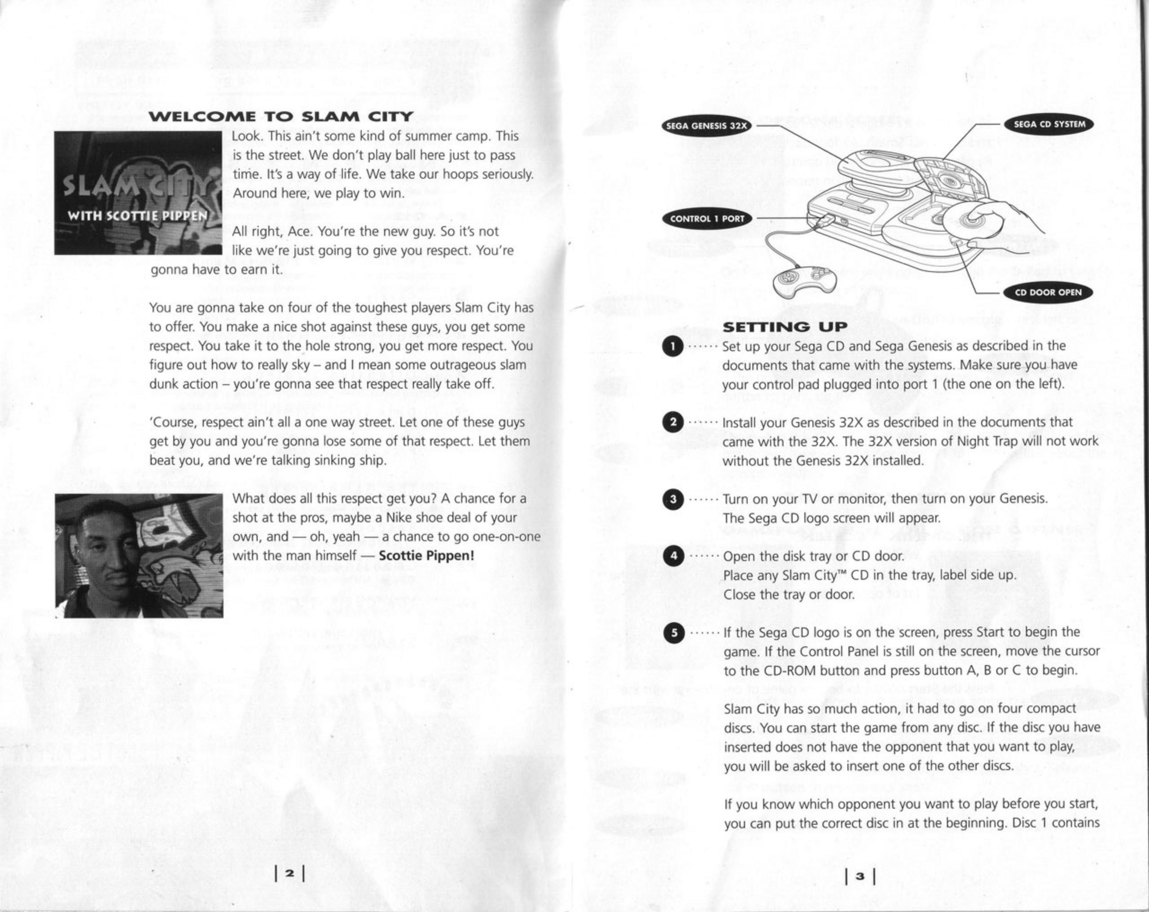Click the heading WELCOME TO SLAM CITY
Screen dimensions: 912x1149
click(x=281, y=117)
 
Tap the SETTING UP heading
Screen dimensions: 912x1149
click(x=785, y=327)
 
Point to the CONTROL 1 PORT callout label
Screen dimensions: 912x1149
click(x=706, y=219)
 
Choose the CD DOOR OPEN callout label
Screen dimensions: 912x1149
click(x=1048, y=292)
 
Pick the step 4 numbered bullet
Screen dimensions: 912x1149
click(x=674, y=556)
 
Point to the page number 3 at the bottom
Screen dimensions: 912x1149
click(x=860, y=876)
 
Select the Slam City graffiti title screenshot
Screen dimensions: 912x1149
click(x=138, y=193)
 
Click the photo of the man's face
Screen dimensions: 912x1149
click(x=139, y=556)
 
